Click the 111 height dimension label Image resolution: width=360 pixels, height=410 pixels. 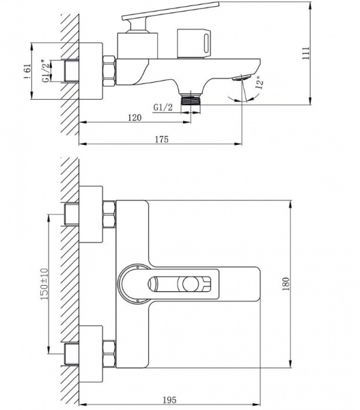point(306,53)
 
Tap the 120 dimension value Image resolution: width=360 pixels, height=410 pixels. point(135,118)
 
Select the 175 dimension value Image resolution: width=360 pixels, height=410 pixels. point(162,139)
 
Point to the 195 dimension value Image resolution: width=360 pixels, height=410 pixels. point(169,400)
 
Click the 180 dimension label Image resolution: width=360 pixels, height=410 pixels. point(286,284)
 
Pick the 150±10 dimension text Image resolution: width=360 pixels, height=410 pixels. point(44,284)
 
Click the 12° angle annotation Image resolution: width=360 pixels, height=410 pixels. point(260,83)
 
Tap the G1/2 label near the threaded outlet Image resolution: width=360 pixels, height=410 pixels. point(163,107)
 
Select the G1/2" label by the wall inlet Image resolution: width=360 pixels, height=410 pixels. point(45,71)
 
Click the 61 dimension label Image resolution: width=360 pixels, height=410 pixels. point(27,71)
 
